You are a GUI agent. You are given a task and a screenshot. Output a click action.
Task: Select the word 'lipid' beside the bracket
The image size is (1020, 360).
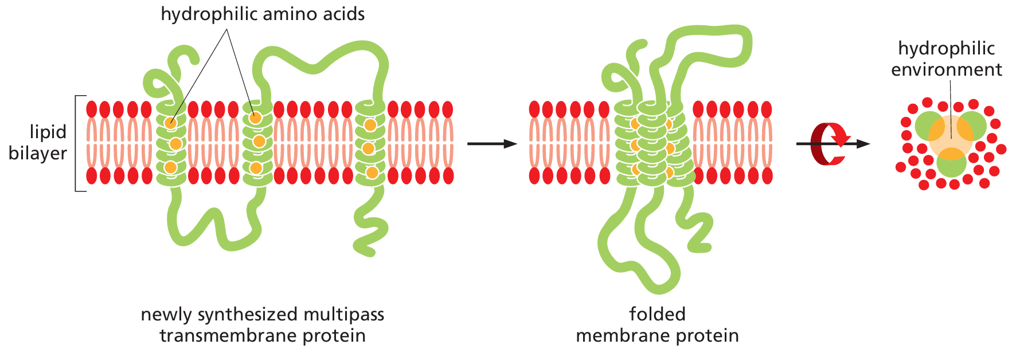pyautogui.click(x=48, y=132)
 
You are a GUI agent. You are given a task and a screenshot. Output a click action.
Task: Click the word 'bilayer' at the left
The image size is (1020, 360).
pyautogui.click(x=38, y=153)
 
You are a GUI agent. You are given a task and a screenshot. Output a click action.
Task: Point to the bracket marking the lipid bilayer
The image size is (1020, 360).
pyautogui.click(x=76, y=143)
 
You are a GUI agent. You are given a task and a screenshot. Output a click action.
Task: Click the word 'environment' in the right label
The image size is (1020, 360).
pyautogui.click(x=946, y=69)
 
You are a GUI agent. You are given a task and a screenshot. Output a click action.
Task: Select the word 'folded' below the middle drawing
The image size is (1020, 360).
pyautogui.click(x=657, y=314)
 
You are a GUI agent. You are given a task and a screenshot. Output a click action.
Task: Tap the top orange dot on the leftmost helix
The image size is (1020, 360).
pyautogui.click(x=170, y=123)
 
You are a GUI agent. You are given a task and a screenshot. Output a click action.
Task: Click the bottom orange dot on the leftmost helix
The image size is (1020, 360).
pyautogui.click(x=170, y=167)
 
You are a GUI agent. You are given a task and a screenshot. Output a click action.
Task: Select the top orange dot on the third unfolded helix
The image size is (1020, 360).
pyautogui.click(x=370, y=124)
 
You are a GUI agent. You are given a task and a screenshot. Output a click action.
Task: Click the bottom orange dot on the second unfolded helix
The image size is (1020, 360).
pyautogui.click(x=256, y=168)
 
